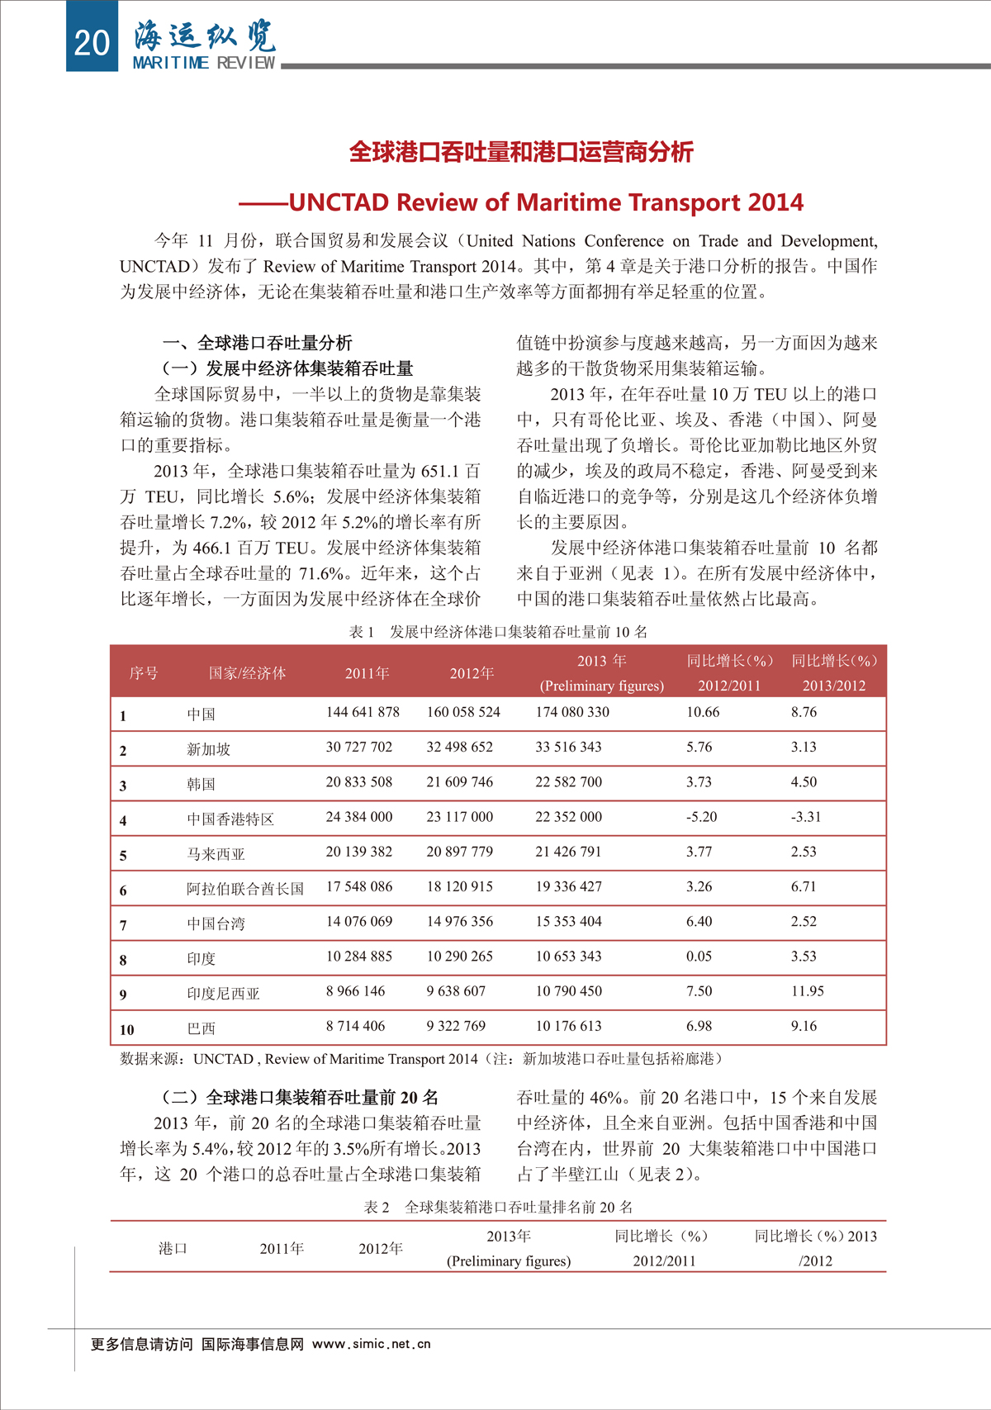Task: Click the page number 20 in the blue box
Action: (92, 42)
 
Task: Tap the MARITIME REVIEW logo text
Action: (204, 63)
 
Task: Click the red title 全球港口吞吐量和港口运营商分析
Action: (521, 152)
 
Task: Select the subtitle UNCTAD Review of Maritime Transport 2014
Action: (546, 202)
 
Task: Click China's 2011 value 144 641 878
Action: (363, 712)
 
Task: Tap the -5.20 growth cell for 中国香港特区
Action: (701, 817)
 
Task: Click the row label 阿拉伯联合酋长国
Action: (245, 889)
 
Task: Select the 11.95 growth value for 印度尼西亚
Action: (807, 991)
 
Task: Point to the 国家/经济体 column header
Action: (247, 673)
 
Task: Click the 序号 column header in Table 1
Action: (144, 673)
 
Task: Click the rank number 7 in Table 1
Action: (123, 925)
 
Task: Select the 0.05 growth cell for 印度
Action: (699, 957)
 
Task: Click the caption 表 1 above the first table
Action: (362, 632)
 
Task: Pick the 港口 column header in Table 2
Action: (173, 1248)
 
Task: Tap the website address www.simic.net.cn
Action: (372, 1344)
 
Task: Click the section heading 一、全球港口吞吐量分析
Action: (257, 343)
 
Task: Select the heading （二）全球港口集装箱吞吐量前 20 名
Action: (301, 1097)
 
